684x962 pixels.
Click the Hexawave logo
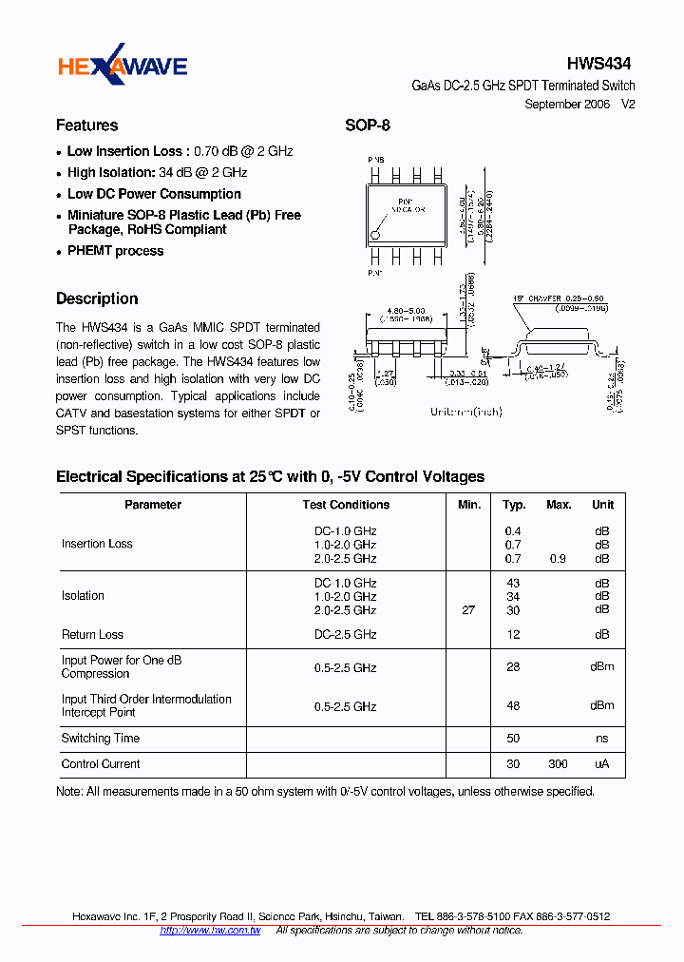pos(123,66)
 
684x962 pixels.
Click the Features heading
pos(87,125)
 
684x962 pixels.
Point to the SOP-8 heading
pos(367,125)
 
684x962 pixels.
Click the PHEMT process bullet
pos(115,251)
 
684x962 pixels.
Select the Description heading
pos(97,298)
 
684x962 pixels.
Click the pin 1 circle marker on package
pos(377,231)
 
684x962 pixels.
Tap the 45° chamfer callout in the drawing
pos(554,297)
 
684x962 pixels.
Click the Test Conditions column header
pos(346,505)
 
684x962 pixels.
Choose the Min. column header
pos(469,505)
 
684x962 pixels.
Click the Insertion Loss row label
pos(97,544)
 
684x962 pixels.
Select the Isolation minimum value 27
pos(468,610)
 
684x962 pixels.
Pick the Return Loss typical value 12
pos(513,634)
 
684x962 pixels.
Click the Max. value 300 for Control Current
pos(558,764)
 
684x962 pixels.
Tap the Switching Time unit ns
pos(602,739)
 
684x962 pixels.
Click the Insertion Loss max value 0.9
pos(558,559)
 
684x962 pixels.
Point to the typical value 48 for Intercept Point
pos(513,706)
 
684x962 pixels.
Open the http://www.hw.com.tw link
pos(210,930)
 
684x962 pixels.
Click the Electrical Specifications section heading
pos(270,476)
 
